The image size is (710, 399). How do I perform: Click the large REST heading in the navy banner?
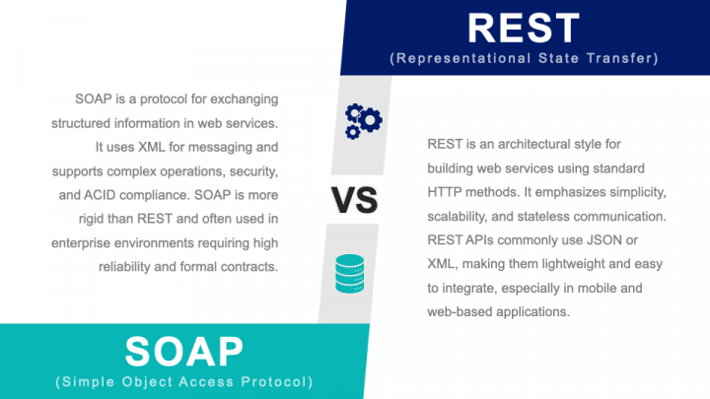pos(525,27)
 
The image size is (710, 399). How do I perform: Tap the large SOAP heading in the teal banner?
pos(184,350)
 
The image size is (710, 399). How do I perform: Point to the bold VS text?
pos(353,200)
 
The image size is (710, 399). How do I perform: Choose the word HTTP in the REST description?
pos(445,192)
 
